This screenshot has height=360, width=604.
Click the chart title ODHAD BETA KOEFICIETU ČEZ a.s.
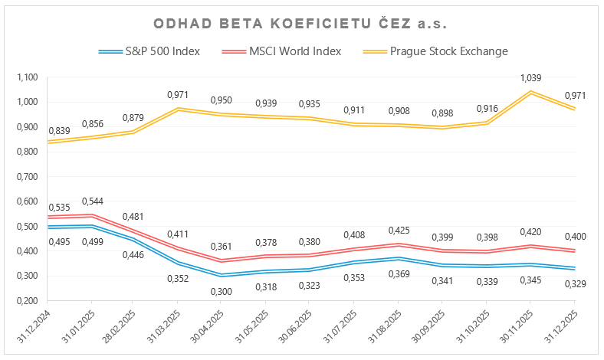[x=301, y=25]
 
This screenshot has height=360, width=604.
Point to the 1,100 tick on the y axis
[x=26, y=77]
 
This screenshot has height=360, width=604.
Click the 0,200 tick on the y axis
[x=26, y=301]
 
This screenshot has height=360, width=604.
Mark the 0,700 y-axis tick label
[x=26, y=177]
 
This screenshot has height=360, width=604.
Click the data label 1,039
[x=530, y=78]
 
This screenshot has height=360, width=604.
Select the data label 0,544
[x=94, y=202]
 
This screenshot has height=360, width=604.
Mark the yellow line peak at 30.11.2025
[x=530, y=92]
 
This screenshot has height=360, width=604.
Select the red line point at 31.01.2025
[x=94, y=216]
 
